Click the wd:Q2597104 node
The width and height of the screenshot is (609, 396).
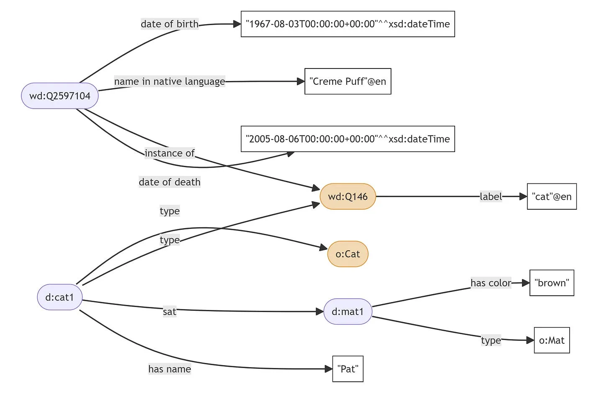[60, 96]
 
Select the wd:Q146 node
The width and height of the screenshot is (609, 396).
[348, 196]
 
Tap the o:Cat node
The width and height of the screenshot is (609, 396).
[348, 254]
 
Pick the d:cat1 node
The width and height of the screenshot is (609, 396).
[60, 297]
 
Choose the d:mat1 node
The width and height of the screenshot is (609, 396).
[348, 312]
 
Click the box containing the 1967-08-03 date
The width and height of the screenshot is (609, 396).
[348, 24]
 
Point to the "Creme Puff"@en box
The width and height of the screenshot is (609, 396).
[348, 81]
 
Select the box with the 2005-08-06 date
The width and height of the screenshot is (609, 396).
[348, 139]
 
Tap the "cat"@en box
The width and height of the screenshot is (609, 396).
[551, 196]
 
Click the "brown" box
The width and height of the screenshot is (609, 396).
[551, 283]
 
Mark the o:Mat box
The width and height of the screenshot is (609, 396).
[551, 340]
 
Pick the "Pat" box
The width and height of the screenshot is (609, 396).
[348, 369]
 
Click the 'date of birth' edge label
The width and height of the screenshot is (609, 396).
[169, 24]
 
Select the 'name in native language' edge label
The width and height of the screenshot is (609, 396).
[169, 81]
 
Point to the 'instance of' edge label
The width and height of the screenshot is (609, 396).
[169, 153]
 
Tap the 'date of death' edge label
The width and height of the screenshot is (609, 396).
[169, 182]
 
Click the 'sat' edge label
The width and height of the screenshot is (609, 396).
[169, 312]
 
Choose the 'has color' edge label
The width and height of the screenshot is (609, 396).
[491, 283]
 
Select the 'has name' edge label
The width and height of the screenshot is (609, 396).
[169, 369]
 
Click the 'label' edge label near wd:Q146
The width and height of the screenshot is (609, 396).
[491, 196]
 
